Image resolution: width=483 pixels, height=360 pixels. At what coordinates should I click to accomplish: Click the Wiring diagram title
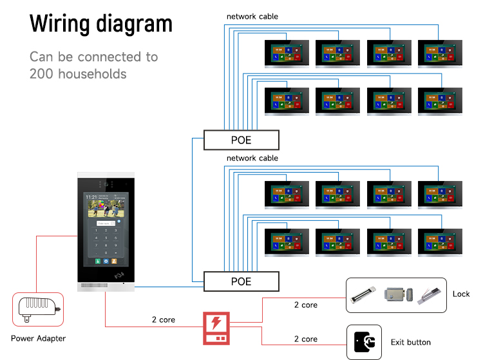click(x=101, y=23)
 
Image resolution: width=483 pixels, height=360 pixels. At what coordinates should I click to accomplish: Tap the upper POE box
click(x=241, y=140)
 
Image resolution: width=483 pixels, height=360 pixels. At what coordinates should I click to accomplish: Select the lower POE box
click(x=241, y=281)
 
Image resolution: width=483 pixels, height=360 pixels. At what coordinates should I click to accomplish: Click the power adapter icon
click(x=38, y=310)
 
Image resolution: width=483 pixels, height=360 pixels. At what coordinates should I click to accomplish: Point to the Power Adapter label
click(x=38, y=338)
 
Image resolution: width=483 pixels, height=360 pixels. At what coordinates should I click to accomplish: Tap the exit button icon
click(x=364, y=342)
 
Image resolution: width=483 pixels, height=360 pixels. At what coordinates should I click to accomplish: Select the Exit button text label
click(x=410, y=342)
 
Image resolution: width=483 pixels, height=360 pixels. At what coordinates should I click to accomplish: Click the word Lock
click(x=461, y=294)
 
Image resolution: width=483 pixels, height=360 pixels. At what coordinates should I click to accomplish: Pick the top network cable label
click(x=252, y=16)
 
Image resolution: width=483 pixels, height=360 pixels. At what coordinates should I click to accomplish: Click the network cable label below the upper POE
click(x=252, y=158)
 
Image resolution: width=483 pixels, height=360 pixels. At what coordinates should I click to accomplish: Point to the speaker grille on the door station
click(x=91, y=285)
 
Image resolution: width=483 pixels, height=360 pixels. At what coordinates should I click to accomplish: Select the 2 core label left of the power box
click(x=164, y=319)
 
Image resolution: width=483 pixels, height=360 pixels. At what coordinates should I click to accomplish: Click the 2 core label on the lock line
click(x=306, y=305)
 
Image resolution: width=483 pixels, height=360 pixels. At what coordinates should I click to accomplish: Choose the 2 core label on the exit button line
click(x=306, y=339)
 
